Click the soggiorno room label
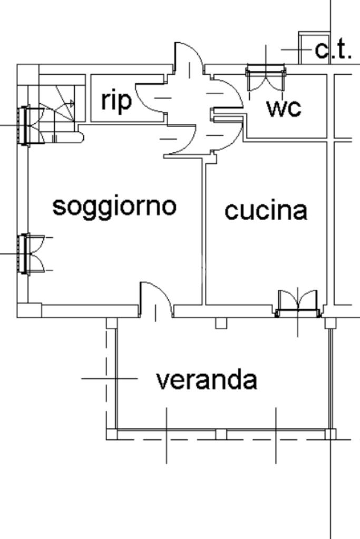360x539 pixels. pos(114,205)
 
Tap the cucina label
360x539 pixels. pos(266,210)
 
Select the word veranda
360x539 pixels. pos(207,380)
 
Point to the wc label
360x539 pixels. pos(284,107)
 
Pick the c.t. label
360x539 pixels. pos(333,50)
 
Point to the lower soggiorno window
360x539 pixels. pos(24,254)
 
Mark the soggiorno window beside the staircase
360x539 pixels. pos(24,125)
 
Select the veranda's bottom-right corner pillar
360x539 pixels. pos(330,434)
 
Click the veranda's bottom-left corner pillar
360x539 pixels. pos(111,434)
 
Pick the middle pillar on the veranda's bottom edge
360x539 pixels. pos(221,434)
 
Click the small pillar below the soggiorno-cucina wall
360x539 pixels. pos(221,323)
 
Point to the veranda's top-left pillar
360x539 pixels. pos(111,323)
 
